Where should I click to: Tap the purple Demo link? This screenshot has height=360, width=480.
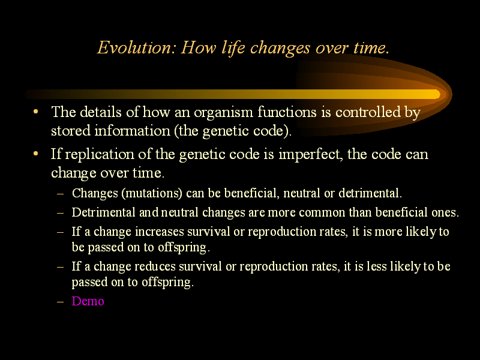pos(88,301)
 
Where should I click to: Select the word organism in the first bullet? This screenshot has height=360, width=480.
pos(223,112)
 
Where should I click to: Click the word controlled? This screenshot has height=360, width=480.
pos(368,112)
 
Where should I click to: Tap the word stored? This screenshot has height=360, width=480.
pos(71,131)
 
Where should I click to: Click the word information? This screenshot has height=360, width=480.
pos(132,131)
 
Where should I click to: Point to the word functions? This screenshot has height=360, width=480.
pos(287,112)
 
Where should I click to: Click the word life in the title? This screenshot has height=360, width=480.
pos(233,48)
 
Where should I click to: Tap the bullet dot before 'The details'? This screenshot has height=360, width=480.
pos(36,112)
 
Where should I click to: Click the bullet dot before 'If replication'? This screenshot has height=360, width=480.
pos(36,154)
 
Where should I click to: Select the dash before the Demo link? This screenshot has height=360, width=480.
pos(61,302)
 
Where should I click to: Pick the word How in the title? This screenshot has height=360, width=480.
pos(199,47)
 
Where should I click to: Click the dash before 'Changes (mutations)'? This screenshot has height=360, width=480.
pos(61,194)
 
